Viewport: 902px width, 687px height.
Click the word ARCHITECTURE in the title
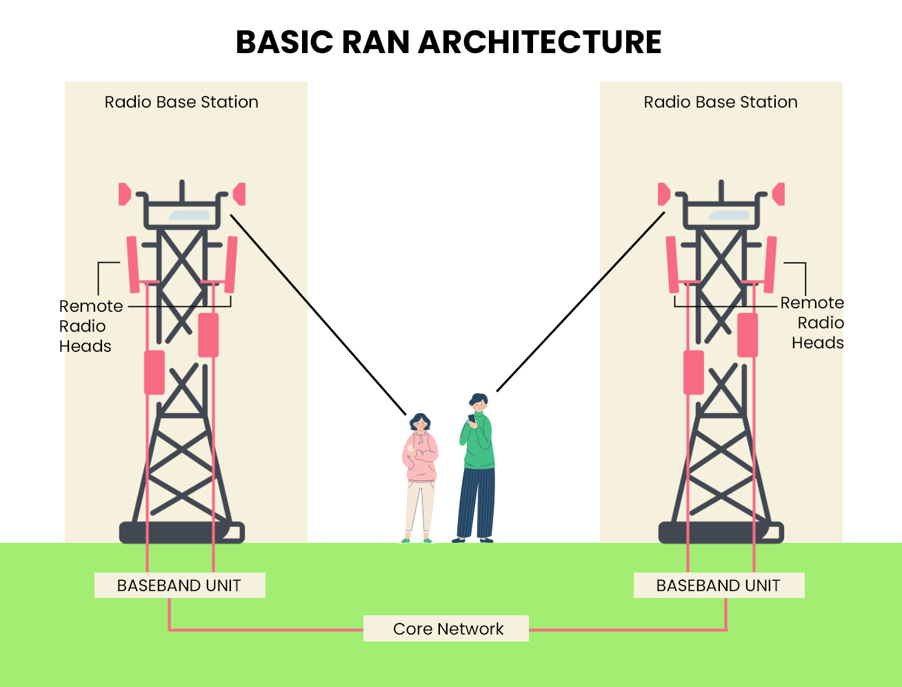[540, 42]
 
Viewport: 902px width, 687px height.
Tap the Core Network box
[446, 628]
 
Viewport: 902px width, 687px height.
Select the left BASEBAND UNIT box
[179, 585]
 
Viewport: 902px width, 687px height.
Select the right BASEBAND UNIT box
[719, 585]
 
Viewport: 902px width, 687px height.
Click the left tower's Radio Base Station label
[181, 102]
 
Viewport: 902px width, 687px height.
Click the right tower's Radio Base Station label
[721, 102]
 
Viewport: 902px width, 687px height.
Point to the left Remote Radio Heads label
[91, 326]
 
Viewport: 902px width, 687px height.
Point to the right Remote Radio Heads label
[812, 323]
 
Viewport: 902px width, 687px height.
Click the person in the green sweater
[477, 468]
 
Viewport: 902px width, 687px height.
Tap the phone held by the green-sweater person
[472, 418]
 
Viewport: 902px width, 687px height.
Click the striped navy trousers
[477, 503]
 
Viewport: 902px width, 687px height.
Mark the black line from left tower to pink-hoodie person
[318, 315]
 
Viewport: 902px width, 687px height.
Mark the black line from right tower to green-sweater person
[581, 301]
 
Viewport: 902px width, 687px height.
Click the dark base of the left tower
[181, 532]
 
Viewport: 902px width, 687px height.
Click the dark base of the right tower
[721, 532]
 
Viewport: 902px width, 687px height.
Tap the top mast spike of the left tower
[181, 190]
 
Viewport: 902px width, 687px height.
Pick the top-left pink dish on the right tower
[663, 194]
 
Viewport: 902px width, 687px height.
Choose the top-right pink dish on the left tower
[239, 194]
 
